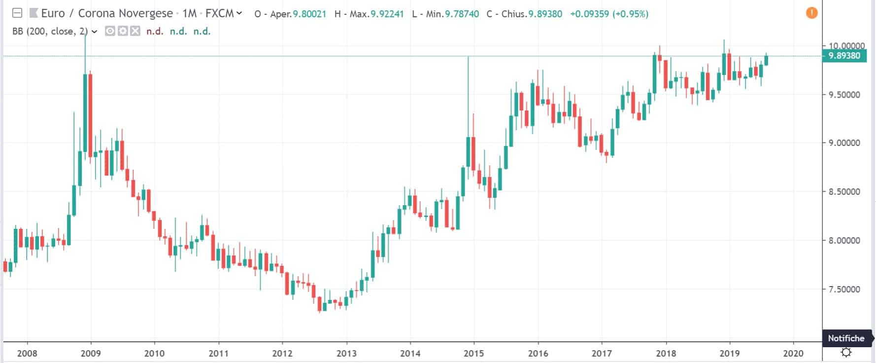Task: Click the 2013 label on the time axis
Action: tap(346, 353)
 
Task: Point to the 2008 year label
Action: tap(27, 353)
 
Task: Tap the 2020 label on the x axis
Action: tap(793, 353)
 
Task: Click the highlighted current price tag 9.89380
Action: tap(844, 56)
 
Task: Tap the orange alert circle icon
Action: tap(811, 13)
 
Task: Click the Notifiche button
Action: tap(846, 338)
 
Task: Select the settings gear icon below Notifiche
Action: tap(846, 352)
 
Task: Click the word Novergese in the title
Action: tap(145, 13)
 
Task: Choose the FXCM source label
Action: tap(219, 13)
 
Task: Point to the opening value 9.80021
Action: tap(309, 14)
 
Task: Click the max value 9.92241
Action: tap(387, 14)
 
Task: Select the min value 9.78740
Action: tap(462, 14)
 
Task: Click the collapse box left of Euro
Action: tap(17, 13)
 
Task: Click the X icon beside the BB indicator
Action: tap(135, 31)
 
